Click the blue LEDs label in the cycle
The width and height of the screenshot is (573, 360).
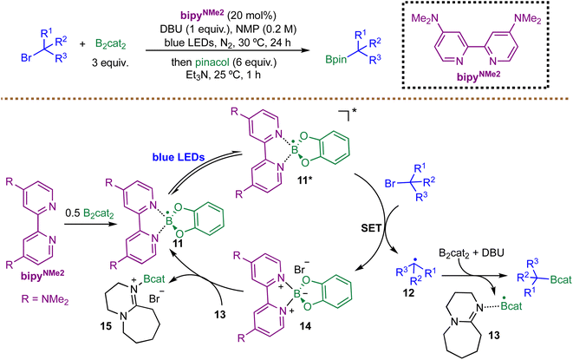point(179,157)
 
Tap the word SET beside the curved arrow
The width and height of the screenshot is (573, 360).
point(371,228)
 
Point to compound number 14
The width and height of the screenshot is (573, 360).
point(305,325)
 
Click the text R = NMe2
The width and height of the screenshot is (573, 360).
point(45,299)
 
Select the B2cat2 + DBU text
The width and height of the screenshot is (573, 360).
point(472,252)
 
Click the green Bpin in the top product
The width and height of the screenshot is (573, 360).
point(336,59)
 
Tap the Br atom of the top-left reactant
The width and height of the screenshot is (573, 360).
point(26,58)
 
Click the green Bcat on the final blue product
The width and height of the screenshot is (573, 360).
point(561,280)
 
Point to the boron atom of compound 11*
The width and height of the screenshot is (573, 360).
point(295,150)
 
